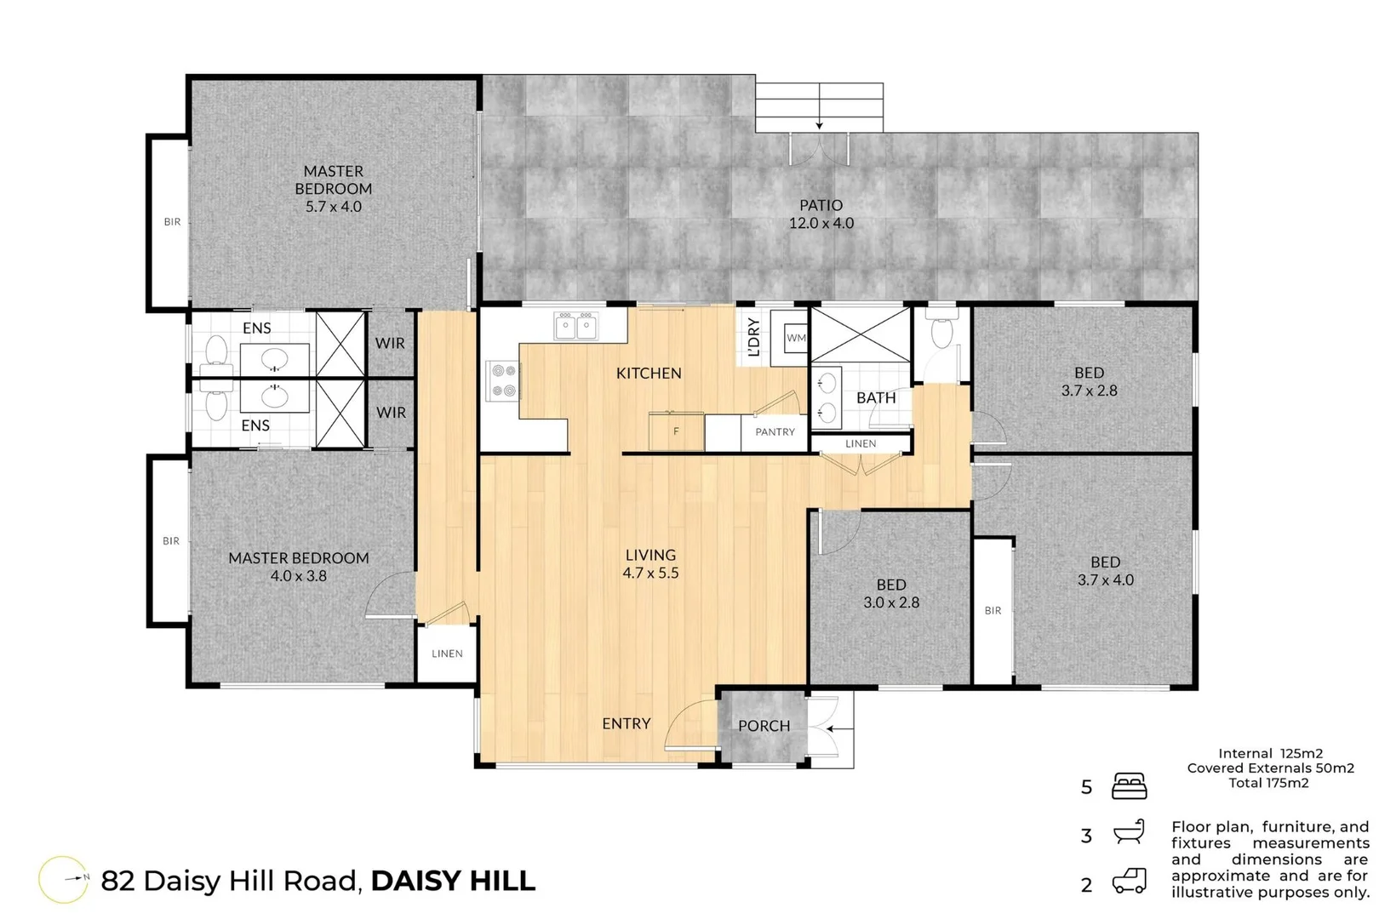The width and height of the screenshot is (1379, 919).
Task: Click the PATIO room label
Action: pyautogui.click(x=821, y=205)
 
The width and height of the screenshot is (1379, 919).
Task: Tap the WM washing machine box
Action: pyautogui.click(x=796, y=338)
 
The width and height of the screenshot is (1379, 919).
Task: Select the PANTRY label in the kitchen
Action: pyautogui.click(x=775, y=432)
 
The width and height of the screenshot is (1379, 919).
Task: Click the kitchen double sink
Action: pyautogui.click(x=575, y=326)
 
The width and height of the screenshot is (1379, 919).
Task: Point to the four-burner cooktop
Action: pyautogui.click(x=502, y=380)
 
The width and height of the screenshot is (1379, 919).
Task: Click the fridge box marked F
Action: pyautogui.click(x=676, y=431)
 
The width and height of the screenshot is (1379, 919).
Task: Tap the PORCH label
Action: pyautogui.click(x=764, y=726)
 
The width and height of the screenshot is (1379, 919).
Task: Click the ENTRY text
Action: pyautogui.click(x=626, y=723)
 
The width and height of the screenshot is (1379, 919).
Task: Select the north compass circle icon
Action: pyautogui.click(x=64, y=879)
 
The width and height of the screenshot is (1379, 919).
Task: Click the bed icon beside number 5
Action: pyautogui.click(x=1129, y=786)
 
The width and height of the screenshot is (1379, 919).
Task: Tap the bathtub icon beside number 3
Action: pyautogui.click(x=1129, y=832)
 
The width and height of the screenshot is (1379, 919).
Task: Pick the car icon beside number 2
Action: pyautogui.click(x=1129, y=881)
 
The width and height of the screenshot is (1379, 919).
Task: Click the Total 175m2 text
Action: pyautogui.click(x=1268, y=783)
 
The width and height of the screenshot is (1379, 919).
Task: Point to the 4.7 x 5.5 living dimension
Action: pyautogui.click(x=650, y=574)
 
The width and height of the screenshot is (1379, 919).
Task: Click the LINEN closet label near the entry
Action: pyautogui.click(x=447, y=654)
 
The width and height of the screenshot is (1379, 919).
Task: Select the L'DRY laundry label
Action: pyautogui.click(x=753, y=337)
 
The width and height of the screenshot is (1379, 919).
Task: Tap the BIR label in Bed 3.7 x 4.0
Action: pyautogui.click(x=993, y=610)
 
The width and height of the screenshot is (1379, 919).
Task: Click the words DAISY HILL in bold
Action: pyautogui.click(x=453, y=881)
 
